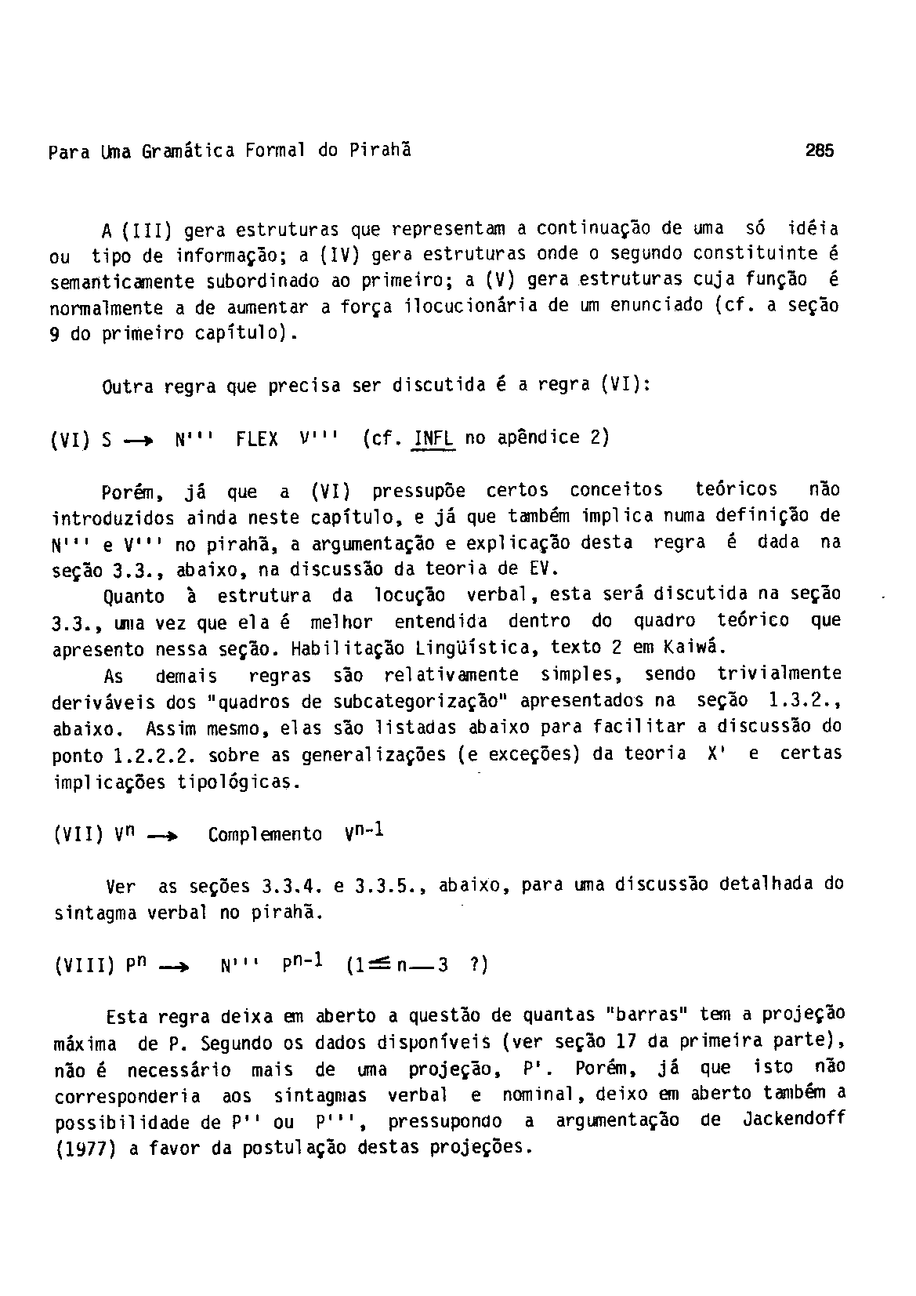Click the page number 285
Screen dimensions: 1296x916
tap(820, 150)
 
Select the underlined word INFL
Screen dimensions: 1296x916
tap(433, 438)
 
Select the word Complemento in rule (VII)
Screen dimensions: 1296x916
tap(265, 834)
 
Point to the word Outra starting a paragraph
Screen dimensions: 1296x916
tap(129, 387)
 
